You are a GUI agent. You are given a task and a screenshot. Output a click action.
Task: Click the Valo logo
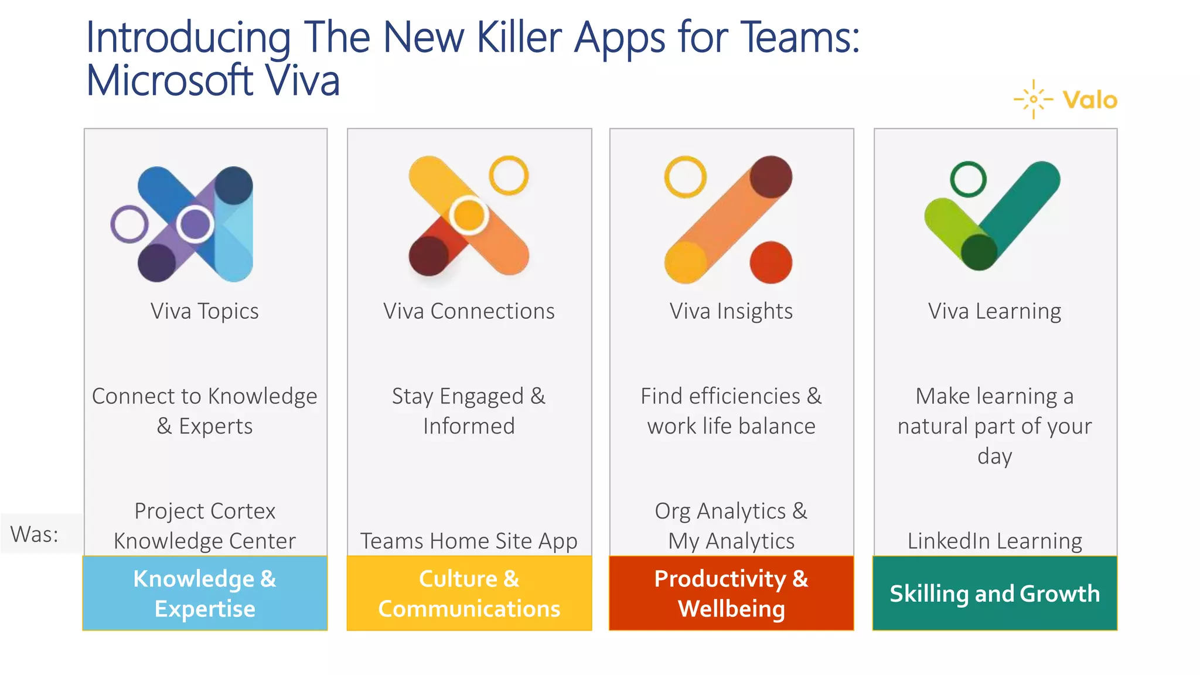tap(1066, 100)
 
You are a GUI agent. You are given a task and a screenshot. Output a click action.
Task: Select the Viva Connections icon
tap(469, 216)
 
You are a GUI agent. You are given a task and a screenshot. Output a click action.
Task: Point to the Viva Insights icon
tap(728, 220)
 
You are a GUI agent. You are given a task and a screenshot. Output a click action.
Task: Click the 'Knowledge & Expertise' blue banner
tap(205, 593)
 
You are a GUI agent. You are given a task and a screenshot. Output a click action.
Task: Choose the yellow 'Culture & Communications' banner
tap(469, 593)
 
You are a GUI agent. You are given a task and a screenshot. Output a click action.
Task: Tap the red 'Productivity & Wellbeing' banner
tap(731, 593)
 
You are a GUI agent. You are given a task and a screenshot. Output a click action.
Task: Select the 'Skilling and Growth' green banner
tap(994, 593)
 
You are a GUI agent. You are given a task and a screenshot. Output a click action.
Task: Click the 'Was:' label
tap(35, 534)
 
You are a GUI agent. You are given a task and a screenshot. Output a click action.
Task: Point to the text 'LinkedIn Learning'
tap(994, 540)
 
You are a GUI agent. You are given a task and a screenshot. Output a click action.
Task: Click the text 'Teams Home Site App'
tap(469, 540)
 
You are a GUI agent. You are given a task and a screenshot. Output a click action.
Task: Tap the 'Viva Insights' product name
tap(731, 311)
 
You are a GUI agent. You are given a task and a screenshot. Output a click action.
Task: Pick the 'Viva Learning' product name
tap(994, 311)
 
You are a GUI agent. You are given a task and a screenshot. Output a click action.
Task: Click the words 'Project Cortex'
tap(205, 511)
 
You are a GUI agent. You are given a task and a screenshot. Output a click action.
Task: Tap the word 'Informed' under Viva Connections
tap(469, 426)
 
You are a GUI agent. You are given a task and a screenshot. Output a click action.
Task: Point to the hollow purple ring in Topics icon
tap(129, 224)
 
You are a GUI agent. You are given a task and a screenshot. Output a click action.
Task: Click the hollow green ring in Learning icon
tap(968, 179)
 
